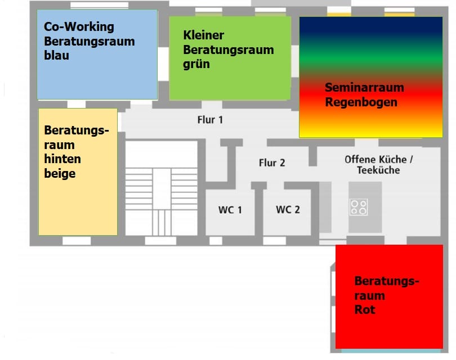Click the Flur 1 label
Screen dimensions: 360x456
210,120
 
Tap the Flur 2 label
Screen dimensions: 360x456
272,163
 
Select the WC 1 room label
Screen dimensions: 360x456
230,210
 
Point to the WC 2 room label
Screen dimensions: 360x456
288,210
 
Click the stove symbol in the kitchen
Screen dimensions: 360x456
359,207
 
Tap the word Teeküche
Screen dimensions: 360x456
378,170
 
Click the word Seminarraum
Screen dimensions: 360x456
364,88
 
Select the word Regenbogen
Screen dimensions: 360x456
361,102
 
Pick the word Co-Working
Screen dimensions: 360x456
79,26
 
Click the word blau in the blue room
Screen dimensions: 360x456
56,56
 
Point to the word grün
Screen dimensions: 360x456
196,64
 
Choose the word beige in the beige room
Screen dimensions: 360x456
60,174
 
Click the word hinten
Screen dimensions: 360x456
62,159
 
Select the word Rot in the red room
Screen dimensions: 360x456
364,310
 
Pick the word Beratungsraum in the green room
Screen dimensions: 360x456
228,49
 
